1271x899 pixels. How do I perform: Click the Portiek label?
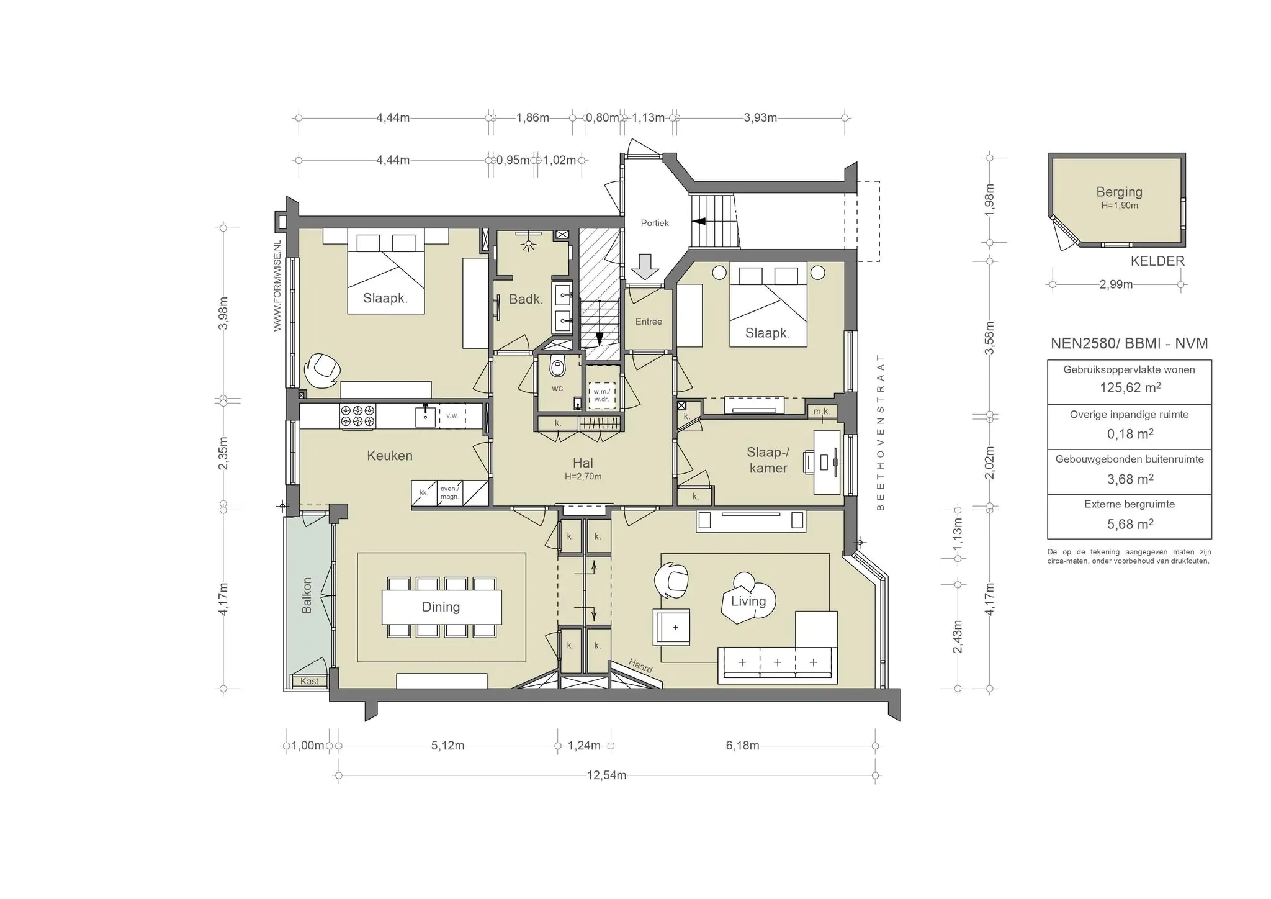(x=655, y=223)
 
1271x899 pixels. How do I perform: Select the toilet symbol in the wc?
(x=557, y=367)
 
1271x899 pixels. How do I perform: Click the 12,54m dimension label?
(x=606, y=775)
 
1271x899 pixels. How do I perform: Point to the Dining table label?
(x=441, y=607)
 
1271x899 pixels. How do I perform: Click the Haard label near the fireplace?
(x=640, y=666)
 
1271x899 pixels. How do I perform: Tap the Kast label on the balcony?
(x=309, y=681)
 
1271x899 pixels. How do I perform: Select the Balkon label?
(x=307, y=595)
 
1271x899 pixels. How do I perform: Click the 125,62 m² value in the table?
(x=1130, y=387)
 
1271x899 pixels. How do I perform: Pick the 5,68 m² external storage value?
(x=1130, y=524)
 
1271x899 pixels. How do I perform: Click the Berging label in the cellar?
(x=1119, y=192)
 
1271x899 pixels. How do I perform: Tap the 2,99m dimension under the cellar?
(x=1116, y=285)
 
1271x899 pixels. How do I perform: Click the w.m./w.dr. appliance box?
(x=601, y=395)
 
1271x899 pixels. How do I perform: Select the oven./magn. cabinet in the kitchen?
(x=449, y=493)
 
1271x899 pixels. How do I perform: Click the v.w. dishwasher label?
(x=452, y=416)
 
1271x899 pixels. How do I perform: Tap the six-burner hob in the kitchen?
(x=358, y=416)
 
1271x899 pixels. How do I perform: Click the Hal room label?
(x=583, y=463)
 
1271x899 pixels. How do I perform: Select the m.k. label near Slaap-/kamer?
(x=821, y=412)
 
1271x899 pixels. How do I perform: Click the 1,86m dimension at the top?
(x=532, y=117)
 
